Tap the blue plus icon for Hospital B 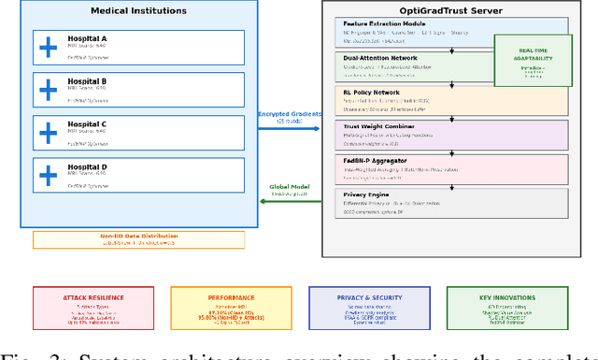tap(47, 90)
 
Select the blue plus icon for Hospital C tap(47, 133)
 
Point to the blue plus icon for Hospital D tap(47, 175)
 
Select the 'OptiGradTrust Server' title tap(451, 11)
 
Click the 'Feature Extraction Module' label tap(385, 24)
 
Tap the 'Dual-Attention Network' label tap(382, 57)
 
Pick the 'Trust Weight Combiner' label tap(381, 125)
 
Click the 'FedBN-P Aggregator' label tap(377, 160)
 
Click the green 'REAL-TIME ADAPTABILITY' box tap(533, 61)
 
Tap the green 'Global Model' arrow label tap(290, 187)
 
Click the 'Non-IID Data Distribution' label tap(138, 237)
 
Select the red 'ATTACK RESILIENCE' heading tap(93, 297)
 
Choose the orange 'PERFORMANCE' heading tap(231, 297)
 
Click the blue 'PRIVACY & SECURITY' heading tap(369, 297)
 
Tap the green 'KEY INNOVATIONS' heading tap(507, 297)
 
